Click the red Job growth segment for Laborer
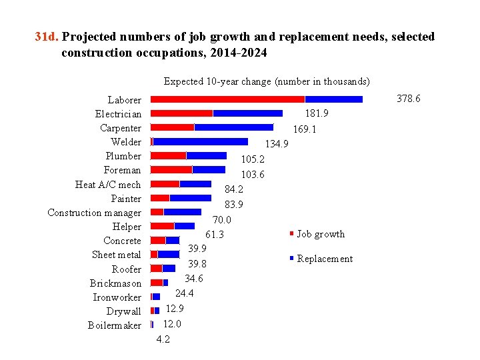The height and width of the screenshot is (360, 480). pos(227,99)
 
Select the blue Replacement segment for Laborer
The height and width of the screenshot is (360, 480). pos(333,99)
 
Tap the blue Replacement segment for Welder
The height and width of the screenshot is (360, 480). pos(200,141)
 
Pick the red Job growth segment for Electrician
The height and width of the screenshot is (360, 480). pos(181,113)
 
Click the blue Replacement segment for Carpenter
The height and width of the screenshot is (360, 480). pos(233,127)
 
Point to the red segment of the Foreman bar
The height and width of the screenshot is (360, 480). pos(171,170)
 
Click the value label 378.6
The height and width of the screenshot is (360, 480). pos(408,99)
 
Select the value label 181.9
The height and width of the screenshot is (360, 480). pos(316,113)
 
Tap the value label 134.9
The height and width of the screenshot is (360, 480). pos(277,144)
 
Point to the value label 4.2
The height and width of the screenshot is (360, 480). pos(163,339)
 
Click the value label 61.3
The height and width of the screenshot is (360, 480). pos(215,235)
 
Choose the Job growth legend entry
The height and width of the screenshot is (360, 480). pos(321,234)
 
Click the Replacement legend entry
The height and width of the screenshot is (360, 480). pos(324,259)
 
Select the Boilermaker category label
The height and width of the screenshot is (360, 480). pos(115,325)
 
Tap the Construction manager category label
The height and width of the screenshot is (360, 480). pos(95,213)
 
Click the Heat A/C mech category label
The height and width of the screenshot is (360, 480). pos(108,185)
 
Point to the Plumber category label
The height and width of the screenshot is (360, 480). pos(123,156)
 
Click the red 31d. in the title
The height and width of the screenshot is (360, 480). pos(47,37)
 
